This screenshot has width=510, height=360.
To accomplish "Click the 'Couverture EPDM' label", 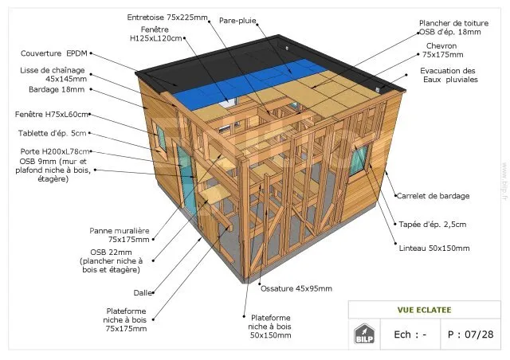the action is click(54, 53).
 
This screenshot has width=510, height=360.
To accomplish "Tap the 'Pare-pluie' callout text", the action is click(237, 21).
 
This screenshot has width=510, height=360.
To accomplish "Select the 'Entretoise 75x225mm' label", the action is click(167, 18).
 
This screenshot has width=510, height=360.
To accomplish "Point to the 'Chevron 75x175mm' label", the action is click(442, 50).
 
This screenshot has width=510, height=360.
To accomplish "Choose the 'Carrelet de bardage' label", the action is click(433, 196).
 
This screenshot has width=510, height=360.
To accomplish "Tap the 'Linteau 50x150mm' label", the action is click(434, 248).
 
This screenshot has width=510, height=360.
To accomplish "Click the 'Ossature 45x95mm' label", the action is click(296, 288).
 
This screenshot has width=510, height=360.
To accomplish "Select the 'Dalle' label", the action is click(143, 292).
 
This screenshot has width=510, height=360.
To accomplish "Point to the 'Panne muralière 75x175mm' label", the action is click(120, 235).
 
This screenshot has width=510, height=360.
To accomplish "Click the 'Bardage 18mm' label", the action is click(57, 89).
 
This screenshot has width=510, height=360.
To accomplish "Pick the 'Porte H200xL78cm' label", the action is click(55, 151).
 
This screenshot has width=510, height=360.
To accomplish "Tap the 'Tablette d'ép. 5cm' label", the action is click(52, 133).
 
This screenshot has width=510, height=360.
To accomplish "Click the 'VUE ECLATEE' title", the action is click(424, 310).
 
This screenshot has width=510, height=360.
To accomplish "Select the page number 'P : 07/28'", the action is click(470, 335).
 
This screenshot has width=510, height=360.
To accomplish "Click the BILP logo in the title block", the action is click(364, 334).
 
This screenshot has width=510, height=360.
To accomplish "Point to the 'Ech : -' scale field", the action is click(410, 335).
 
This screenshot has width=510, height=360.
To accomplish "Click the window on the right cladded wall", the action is click(359, 159).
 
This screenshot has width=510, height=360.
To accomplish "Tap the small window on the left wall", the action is click(161, 138).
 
